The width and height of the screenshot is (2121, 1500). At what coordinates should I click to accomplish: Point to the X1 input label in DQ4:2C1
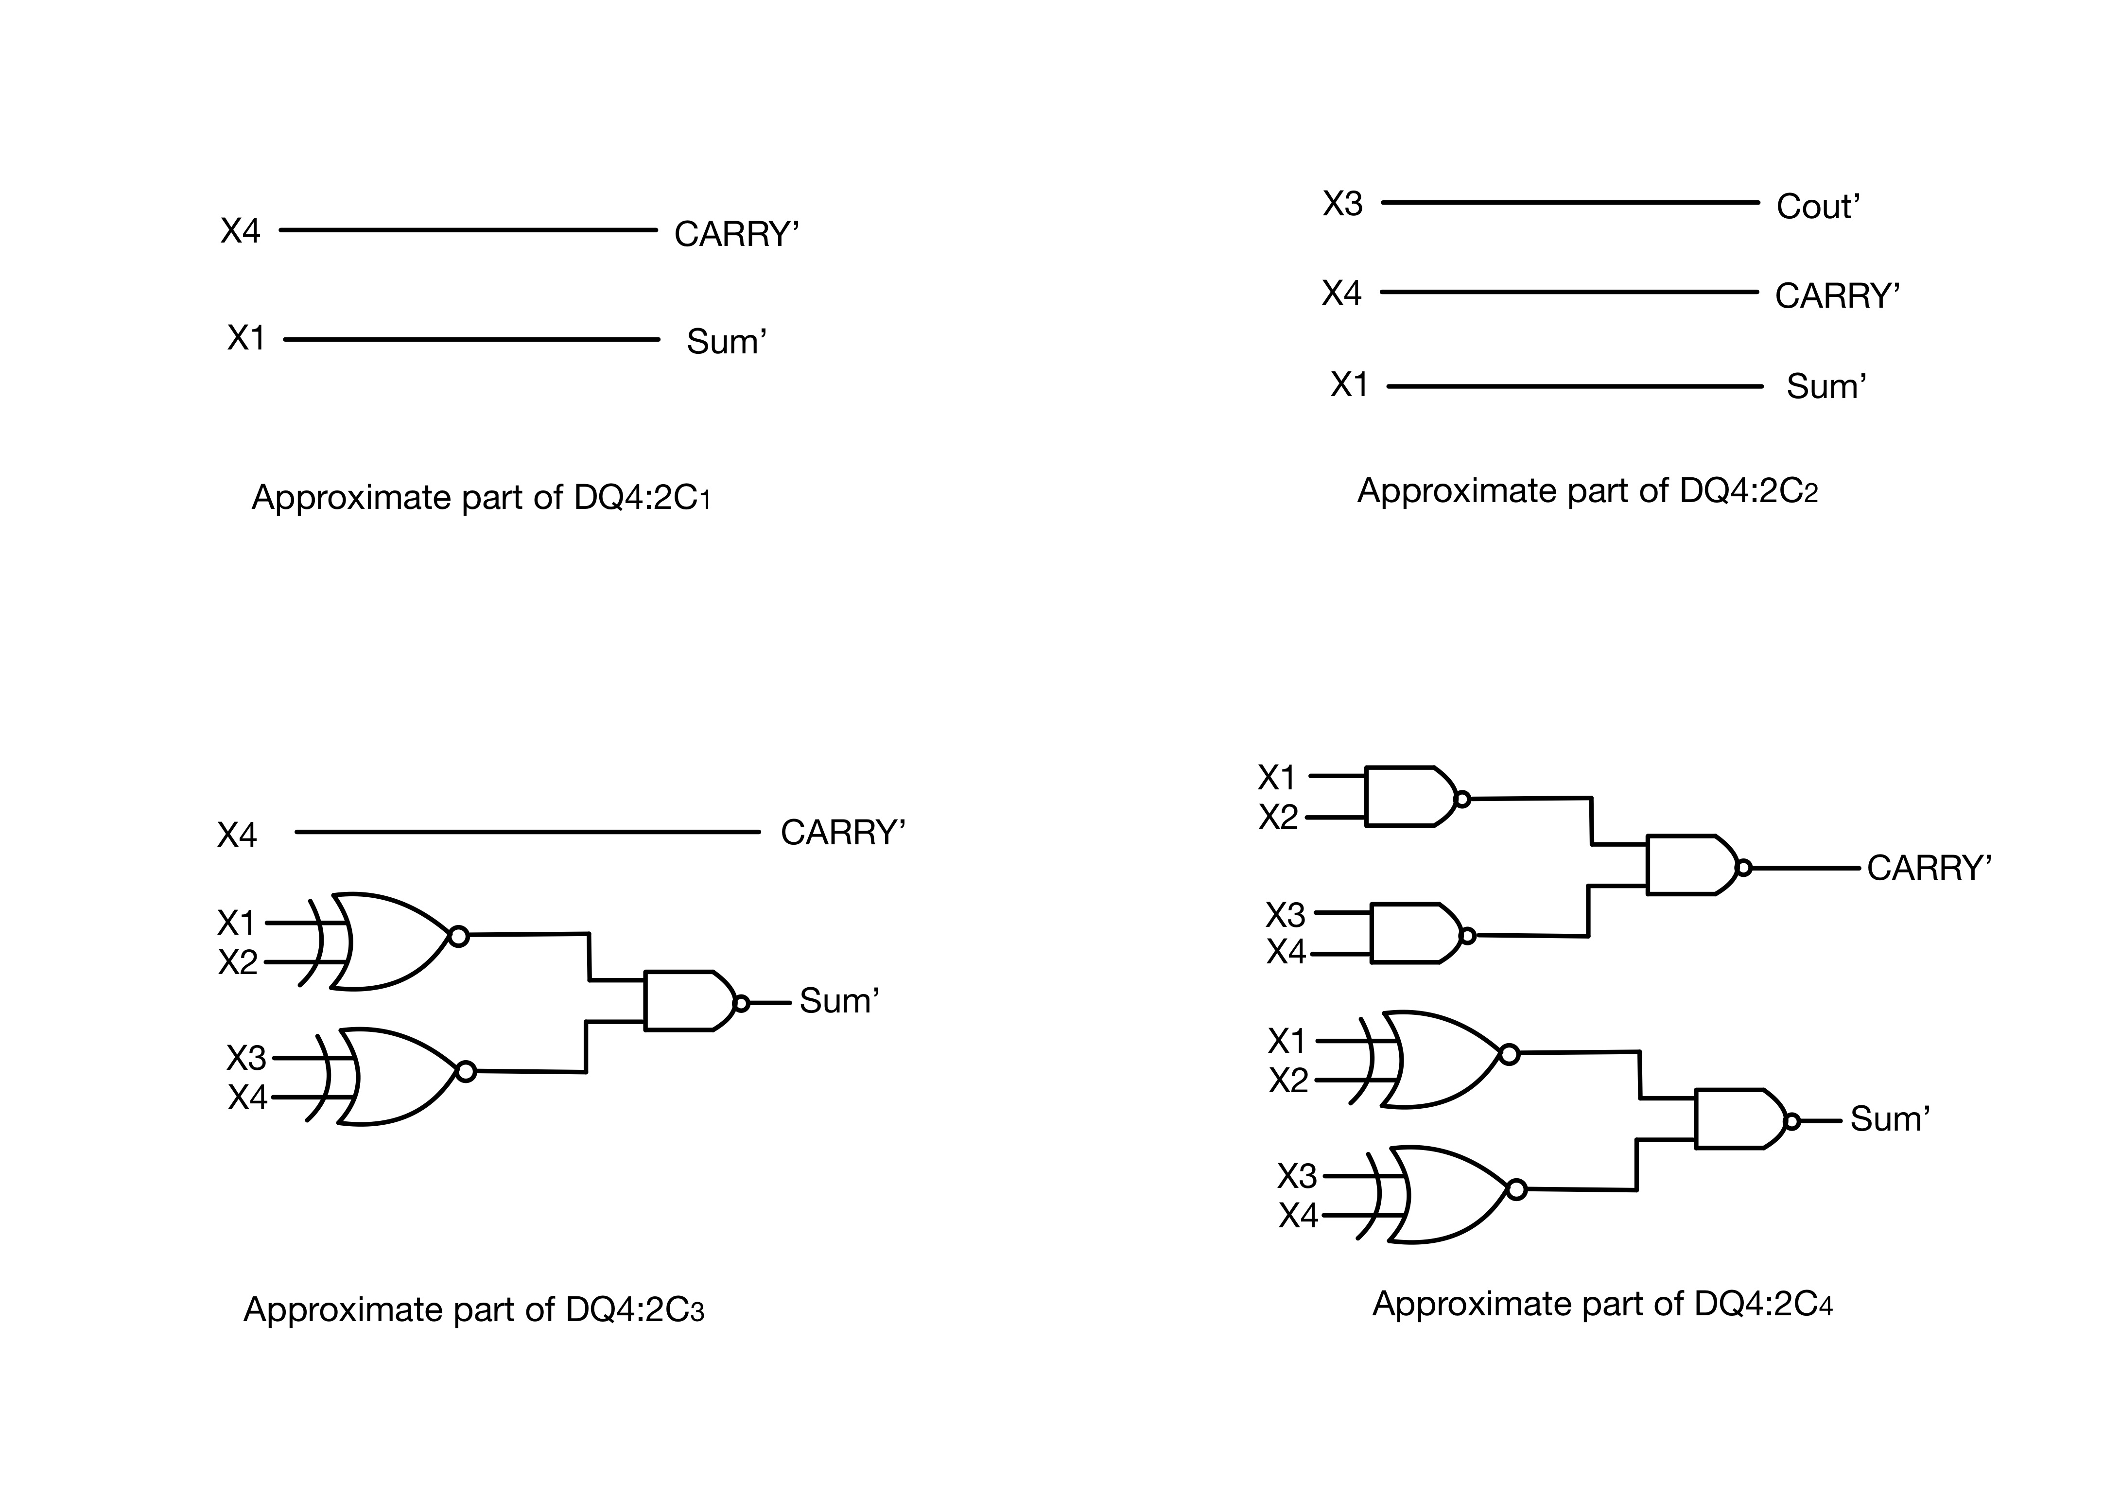tap(246, 338)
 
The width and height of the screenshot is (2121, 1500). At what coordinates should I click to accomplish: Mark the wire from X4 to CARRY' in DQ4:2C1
tap(468, 230)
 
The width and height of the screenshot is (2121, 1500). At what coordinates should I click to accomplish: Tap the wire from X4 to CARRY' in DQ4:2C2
tap(1568, 292)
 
